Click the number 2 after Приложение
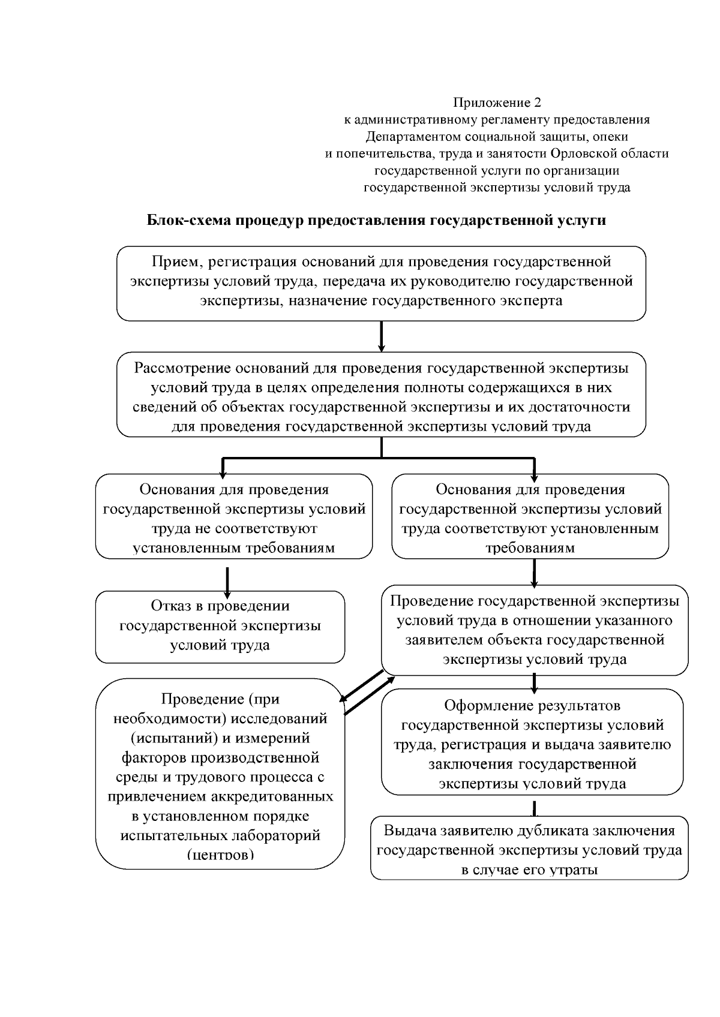[x=538, y=103]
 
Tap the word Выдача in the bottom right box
[x=410, y=831]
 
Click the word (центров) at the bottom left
[x=220, y=854]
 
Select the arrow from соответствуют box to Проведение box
[x=534, y=573]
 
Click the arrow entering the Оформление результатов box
[x=534, y=683]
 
